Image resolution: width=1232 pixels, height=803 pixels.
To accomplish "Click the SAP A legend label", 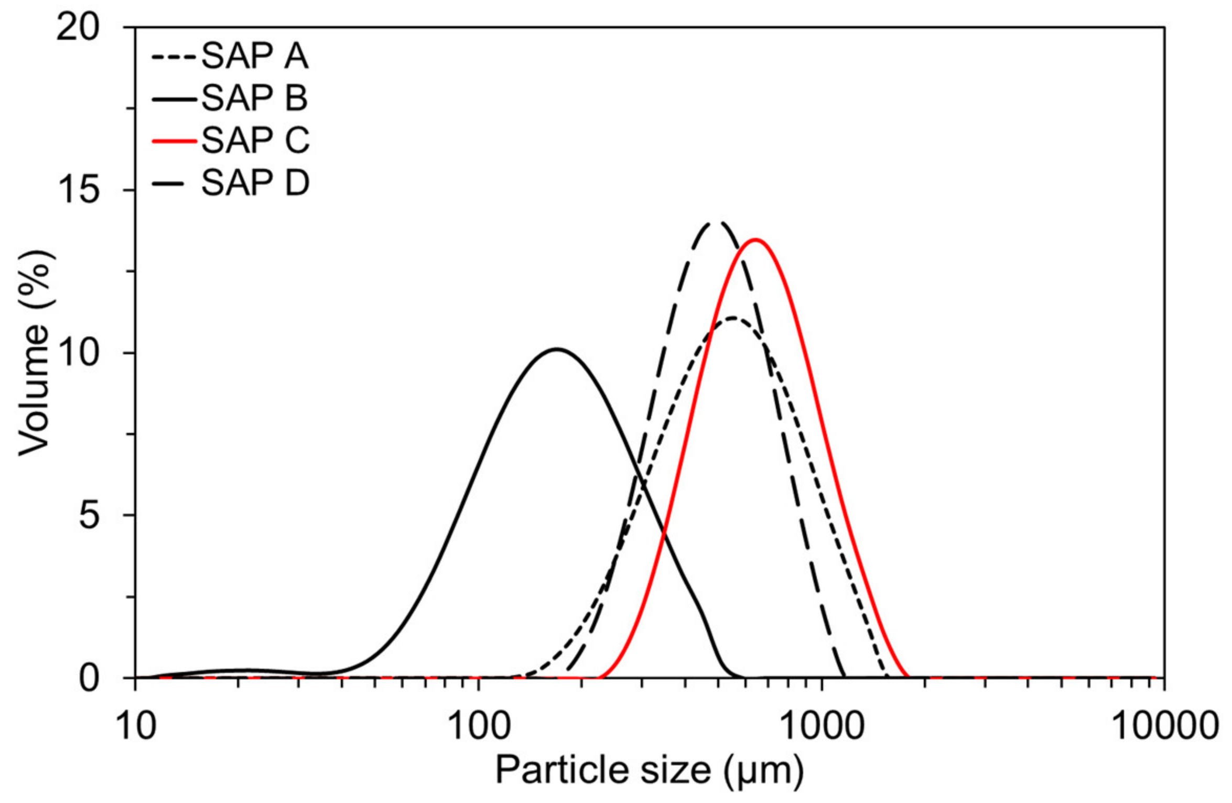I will [x=255, y=56].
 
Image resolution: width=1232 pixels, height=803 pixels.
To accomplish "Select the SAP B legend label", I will [x=255, y=98].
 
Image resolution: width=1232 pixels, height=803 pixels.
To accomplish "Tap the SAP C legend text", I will [x=256, y=140].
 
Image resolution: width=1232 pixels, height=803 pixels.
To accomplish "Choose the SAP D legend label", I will [x=256, y=183].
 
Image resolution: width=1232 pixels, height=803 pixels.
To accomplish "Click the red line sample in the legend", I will [x=174, y=140].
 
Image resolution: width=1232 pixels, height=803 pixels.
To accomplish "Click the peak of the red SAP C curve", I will [x=755, y=240].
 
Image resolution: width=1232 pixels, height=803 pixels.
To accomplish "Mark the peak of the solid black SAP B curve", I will [x=557, y=349].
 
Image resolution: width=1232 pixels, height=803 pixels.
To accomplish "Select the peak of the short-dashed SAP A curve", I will [x=732, y=318].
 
